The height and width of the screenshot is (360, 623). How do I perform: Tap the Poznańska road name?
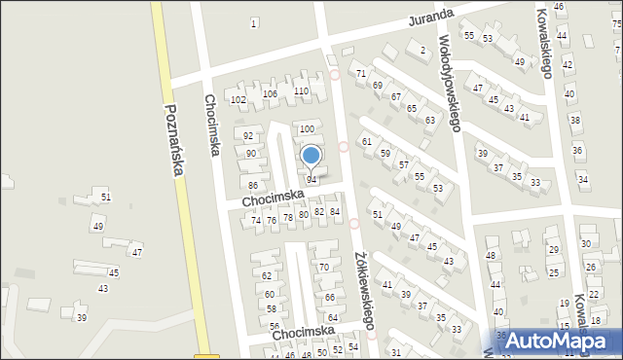174,141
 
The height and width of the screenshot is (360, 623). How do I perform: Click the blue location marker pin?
311,157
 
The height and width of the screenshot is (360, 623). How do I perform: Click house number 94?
311,180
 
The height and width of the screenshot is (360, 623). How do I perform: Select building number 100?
307,129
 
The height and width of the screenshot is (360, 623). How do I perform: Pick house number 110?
302,91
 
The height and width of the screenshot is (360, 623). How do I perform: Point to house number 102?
238,100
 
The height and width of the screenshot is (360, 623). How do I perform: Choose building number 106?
270,94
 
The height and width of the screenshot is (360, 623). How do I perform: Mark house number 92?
249,136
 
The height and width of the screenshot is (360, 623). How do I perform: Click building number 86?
253,186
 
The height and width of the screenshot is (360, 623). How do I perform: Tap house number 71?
361,74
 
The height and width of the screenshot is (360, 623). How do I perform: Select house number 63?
429,120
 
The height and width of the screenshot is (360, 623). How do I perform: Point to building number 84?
335,212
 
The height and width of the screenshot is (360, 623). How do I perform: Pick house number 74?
257,221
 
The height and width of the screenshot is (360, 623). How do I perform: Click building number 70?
323,268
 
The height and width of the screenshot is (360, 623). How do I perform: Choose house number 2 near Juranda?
422,50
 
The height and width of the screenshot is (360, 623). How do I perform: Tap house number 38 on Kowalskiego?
574,121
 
